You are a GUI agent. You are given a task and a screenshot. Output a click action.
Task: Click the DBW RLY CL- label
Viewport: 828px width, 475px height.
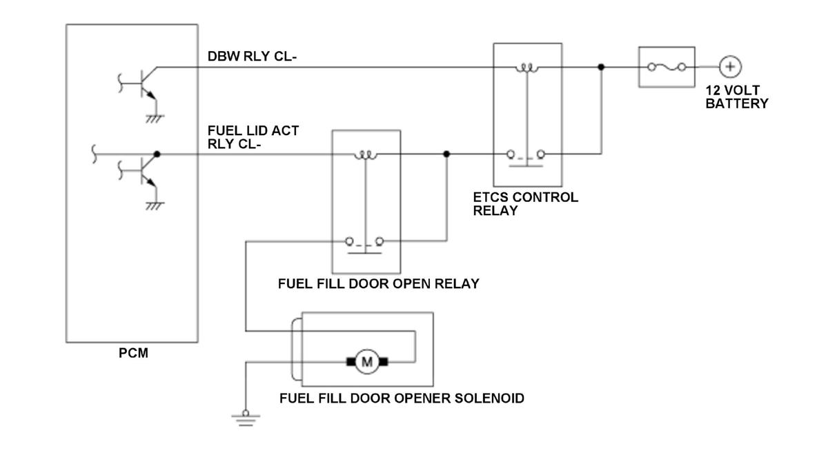[252, 57]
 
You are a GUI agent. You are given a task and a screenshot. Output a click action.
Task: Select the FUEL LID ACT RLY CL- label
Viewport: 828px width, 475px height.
[253, 137]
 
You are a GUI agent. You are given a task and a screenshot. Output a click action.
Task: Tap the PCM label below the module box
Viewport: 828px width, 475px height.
[133, 354]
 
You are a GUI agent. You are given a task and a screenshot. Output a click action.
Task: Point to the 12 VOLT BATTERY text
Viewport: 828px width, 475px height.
[736, 97]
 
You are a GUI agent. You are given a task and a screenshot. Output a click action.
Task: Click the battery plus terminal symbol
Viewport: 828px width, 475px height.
[729, 67]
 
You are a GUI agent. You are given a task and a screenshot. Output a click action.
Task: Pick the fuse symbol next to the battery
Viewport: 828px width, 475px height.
[667, 67]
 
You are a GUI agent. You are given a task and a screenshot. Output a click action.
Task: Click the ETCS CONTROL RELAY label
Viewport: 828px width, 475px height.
[525, 203]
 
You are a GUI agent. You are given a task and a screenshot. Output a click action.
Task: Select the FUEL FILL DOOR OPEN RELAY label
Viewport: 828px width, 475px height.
[378, 283]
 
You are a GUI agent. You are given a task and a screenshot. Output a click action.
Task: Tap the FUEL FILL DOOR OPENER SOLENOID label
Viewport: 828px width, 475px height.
[402, 398]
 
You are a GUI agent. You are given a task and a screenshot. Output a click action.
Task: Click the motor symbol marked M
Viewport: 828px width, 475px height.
[367, 361]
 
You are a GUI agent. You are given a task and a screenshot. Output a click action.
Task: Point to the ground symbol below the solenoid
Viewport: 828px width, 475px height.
[246, 416]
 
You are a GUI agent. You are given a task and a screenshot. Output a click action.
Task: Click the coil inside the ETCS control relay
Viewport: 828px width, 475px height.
[527, 68]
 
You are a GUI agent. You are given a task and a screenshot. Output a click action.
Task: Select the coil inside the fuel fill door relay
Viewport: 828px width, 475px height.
[366, 155]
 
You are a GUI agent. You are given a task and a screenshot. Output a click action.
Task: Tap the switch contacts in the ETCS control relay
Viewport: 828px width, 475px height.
[528, 155]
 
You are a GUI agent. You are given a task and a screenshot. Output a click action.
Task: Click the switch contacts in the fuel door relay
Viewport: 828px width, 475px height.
[366, 243]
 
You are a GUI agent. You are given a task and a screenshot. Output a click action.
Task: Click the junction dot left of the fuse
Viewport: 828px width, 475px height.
[601, 67]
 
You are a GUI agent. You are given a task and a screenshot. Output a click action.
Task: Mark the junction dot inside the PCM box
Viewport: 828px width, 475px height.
[157, 154]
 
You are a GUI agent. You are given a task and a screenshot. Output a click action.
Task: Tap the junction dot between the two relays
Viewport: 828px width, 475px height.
[446, 154]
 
